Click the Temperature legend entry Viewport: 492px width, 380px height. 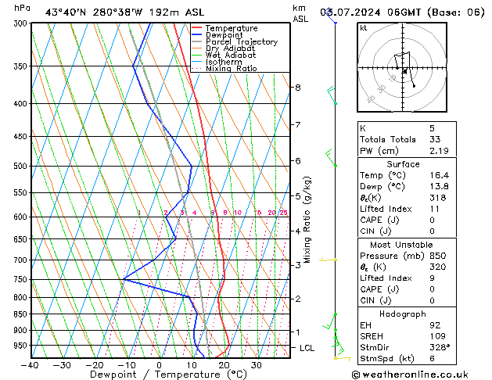tap(231, 28)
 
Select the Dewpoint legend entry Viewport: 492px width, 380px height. tap(226, 35)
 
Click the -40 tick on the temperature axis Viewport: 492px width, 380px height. tap(31, 365)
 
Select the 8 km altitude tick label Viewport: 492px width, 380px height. tap(297, 88)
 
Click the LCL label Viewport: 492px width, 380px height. tap(307, 348)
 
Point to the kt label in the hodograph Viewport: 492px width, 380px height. tap(363, 27)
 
